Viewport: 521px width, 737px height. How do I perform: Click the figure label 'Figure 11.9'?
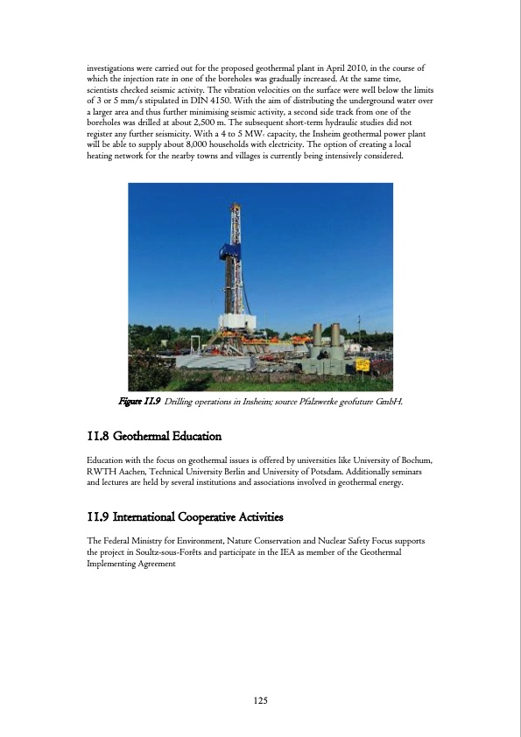point(138,401)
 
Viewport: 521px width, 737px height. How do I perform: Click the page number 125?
point(260,700)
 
